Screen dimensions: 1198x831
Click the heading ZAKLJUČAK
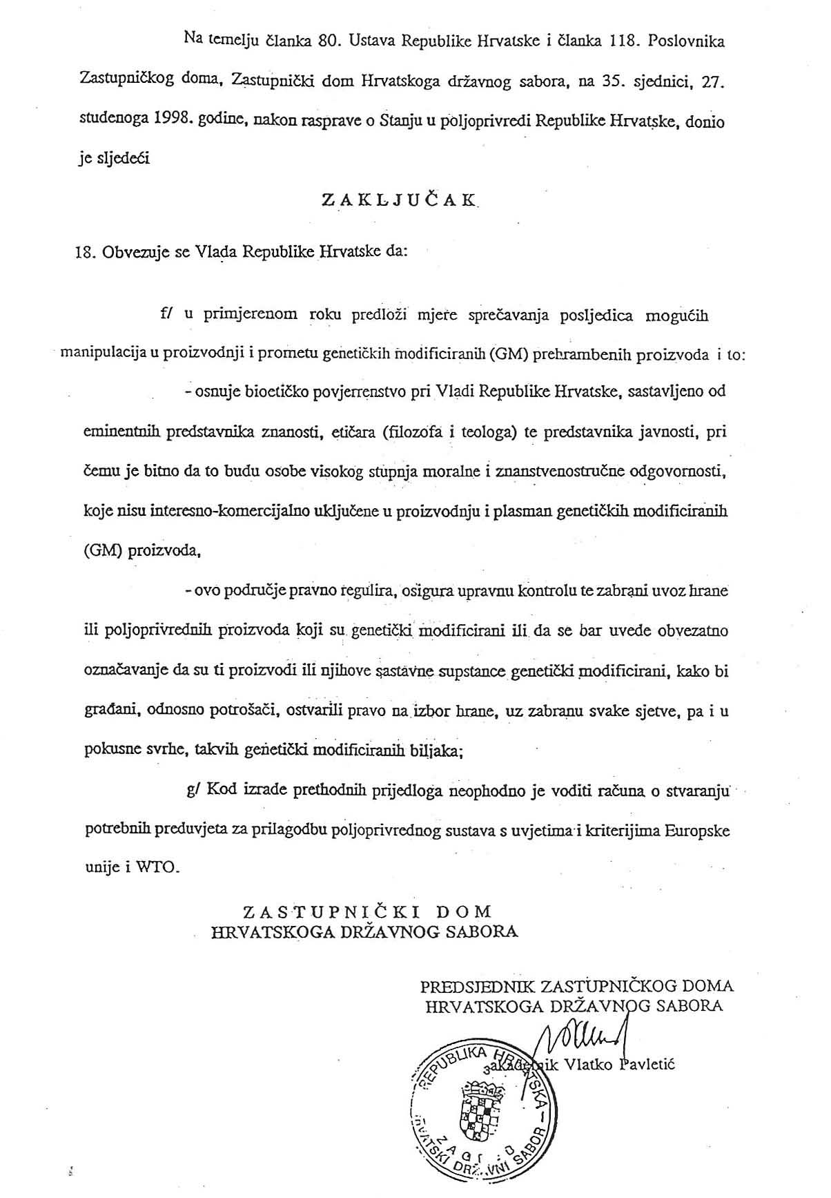coord(399,200)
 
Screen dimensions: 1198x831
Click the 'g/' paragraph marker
coord(192,789)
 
